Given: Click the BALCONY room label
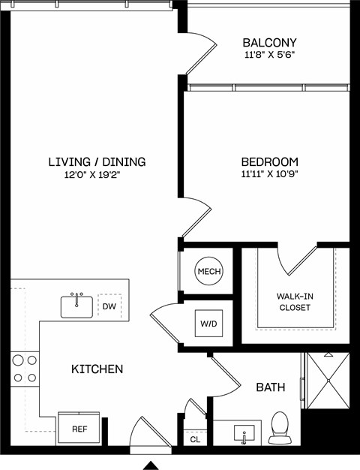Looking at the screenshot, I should [269, 43].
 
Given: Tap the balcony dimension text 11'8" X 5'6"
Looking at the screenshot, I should [269, 55].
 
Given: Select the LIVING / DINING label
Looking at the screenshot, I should [97, 161].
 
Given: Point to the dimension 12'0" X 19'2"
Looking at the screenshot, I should [97, 174].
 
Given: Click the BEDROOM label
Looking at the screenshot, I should [269, 161].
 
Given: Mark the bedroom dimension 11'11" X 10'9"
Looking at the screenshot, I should [269, 174].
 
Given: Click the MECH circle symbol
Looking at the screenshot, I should [208, 271].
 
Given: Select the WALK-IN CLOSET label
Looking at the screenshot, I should [295, 302].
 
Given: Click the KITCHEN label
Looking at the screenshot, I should [97, 369].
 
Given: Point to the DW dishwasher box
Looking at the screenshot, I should [109, 306].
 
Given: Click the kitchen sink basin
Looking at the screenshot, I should [76, 306].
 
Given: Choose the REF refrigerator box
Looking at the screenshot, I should [79, 429].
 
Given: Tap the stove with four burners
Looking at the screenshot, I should [24, 369].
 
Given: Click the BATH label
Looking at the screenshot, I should [270, 387].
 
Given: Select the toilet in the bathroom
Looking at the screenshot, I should [279, 426].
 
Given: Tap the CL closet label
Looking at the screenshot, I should [195, 439].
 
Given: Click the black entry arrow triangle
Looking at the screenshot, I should [151, 465].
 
